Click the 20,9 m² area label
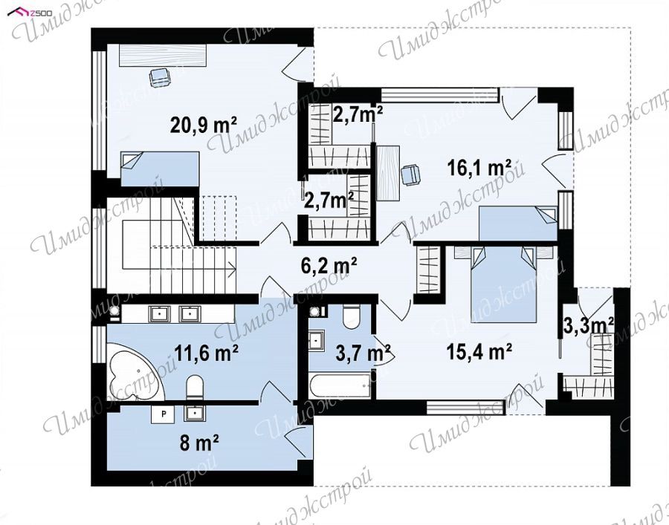204,125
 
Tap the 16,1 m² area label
479,168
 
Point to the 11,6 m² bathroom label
207,353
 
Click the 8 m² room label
199,443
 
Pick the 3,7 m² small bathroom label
363,353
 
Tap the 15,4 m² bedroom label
479,352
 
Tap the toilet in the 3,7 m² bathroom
352,317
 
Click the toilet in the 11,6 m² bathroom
195,388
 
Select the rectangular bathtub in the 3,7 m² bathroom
340,385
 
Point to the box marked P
163,414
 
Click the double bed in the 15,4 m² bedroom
503,284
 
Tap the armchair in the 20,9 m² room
160,77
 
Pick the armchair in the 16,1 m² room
411,175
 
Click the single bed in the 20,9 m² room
160,169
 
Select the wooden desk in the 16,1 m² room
388,172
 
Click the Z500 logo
30,13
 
